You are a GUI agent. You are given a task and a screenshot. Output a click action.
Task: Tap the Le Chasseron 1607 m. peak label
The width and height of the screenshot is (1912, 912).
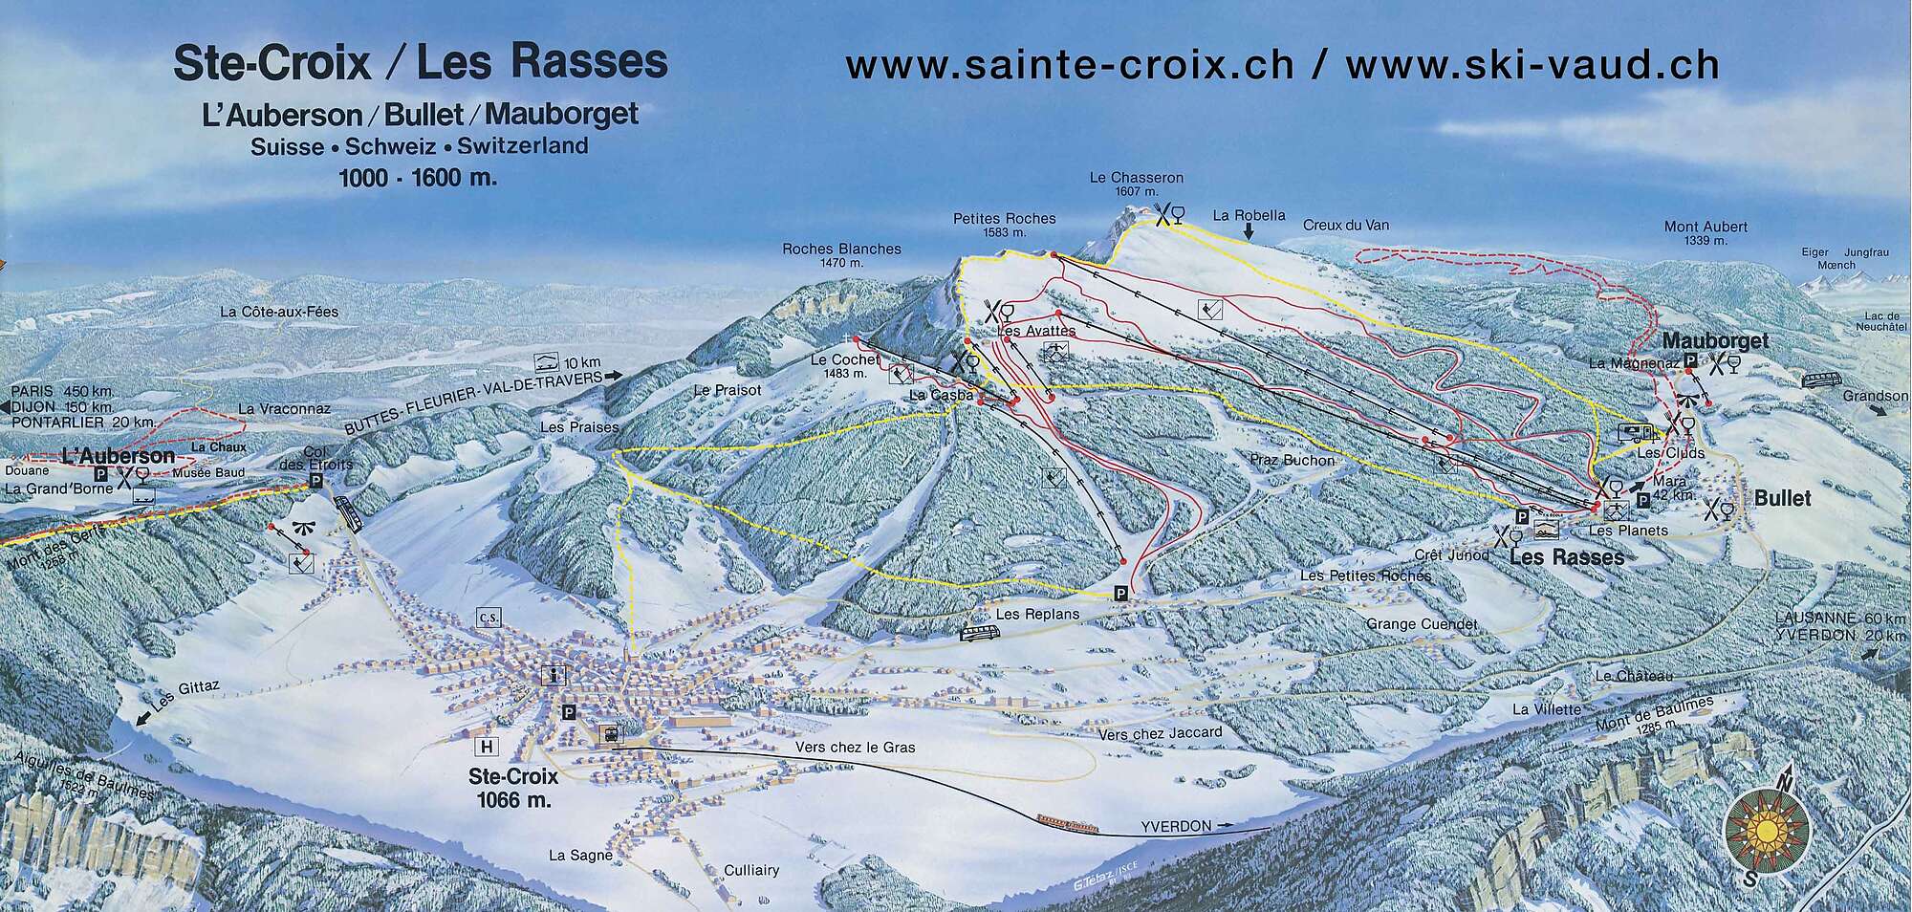[x=1137, y=184]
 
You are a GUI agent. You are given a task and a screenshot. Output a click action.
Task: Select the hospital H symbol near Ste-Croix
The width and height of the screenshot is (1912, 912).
[x=488, y=747]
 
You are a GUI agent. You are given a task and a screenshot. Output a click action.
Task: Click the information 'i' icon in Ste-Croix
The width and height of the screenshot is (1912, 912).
[x=553, y=675]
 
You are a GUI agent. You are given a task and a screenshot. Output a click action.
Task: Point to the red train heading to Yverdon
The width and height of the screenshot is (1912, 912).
[x=1067, y=822]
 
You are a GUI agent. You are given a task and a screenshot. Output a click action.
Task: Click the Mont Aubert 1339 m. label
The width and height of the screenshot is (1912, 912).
[x=1706, y=232]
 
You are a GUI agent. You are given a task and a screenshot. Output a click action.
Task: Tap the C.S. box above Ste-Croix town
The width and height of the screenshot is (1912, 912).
[x=488, y=619]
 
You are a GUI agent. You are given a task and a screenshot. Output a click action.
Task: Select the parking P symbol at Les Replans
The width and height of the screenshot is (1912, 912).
[x=1120, y=595]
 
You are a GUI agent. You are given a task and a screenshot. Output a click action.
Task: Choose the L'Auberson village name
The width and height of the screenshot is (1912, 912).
[x=118, y=456]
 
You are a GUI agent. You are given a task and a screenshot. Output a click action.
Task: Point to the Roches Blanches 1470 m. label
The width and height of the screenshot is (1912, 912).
[x=841, y=254]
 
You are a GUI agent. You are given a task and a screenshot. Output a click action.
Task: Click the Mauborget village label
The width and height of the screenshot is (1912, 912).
[x=1715, y=341]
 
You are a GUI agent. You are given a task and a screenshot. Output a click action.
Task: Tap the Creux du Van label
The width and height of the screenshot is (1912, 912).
[x=1346, y=226]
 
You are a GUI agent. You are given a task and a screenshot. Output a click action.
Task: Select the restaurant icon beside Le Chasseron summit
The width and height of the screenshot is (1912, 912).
[x=1168, y=215]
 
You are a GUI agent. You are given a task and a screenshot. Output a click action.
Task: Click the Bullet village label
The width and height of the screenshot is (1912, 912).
[x=1782, y=498]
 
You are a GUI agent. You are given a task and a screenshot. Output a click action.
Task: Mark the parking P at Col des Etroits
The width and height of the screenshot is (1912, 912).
[x=316, y=481]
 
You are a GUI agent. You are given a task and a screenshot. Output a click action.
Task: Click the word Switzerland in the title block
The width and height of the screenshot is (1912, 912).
[x=522, y=146]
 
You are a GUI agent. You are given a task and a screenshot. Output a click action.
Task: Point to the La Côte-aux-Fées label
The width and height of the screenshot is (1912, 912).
[x=279, y=312]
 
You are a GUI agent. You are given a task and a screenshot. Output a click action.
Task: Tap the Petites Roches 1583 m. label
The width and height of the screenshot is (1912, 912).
[x=1004, y=225]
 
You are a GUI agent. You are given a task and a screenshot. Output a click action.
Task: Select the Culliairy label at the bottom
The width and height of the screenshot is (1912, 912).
[x=751, y=870]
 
